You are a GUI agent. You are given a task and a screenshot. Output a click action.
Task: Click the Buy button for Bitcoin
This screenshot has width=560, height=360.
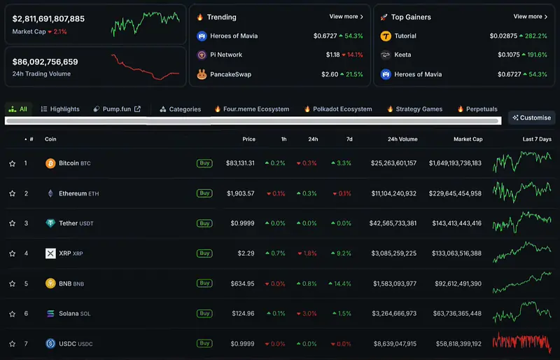[x=204, y=163]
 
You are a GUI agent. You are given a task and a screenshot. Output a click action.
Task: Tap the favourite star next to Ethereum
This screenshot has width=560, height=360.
[x=13, y=193]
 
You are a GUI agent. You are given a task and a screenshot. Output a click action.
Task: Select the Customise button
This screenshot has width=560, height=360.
[x=532, y=118]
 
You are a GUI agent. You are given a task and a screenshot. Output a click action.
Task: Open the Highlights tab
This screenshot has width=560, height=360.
[x=60, y=109]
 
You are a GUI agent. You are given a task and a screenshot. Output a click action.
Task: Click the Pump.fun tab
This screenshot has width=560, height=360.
[x=117, y=109]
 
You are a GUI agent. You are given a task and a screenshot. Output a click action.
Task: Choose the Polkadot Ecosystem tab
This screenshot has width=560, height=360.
[x=338, y=109]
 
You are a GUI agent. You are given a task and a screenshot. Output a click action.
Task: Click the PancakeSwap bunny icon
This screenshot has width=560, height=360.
[x=202, y=74]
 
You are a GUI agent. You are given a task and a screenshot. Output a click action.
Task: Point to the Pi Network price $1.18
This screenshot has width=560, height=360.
[x=332, y=55]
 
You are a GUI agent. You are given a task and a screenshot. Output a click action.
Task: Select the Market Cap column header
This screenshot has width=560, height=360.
[x=468, y=139]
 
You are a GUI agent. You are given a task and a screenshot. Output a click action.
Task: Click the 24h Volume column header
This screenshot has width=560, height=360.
[x=402, y=139]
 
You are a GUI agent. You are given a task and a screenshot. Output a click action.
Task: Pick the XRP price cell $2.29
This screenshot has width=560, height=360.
[x=246, y=254]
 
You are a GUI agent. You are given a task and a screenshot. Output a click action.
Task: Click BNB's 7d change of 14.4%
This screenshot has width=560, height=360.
[x=340, y=284]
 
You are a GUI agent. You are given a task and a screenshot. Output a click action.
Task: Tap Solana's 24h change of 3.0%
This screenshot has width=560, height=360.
[x=307, y=314]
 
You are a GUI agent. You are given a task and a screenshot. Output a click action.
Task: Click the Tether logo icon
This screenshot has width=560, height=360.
[x=50, y=223]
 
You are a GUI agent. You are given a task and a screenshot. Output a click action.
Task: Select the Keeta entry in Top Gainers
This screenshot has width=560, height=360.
[x=402, y=55]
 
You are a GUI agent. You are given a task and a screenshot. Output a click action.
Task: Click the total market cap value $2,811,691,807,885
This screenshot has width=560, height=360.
[x=48, y=19]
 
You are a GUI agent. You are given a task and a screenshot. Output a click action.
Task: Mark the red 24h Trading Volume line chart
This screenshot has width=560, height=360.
[x=146, y=67]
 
